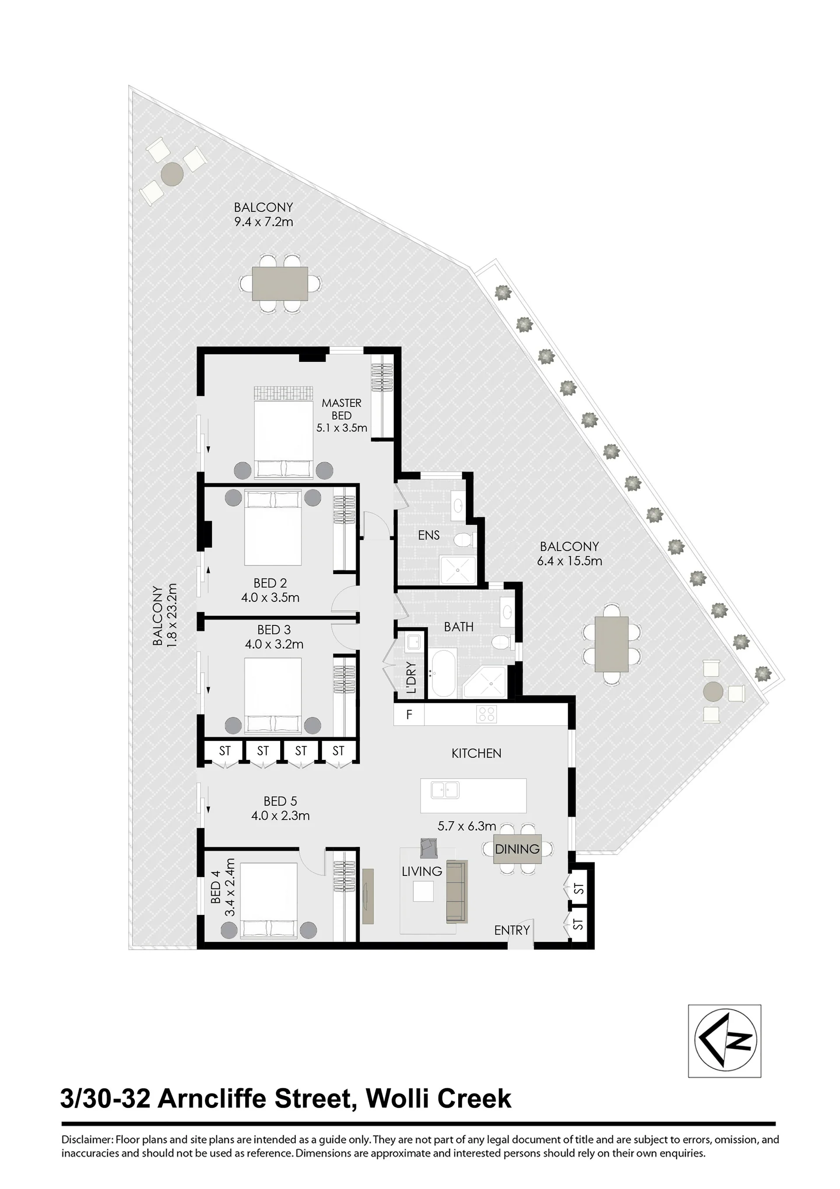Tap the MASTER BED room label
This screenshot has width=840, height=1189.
[x=341, y=409]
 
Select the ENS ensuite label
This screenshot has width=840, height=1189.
[x=429, y=535]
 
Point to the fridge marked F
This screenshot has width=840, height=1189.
[x=409, y=715]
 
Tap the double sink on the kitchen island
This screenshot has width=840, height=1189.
[x=445, y=790]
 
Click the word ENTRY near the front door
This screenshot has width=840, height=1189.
[x=512, y=930]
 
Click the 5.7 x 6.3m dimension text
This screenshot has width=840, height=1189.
[x=467, y=826]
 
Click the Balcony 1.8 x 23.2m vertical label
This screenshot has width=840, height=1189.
[x=165, y=615]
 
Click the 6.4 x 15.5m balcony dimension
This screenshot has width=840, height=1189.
[x=569, y=561]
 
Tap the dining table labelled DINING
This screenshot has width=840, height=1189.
[x=517, y=849]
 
